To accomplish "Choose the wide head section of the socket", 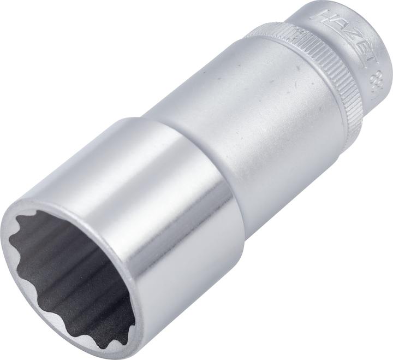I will pyautogui.click(x=164, y=219).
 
